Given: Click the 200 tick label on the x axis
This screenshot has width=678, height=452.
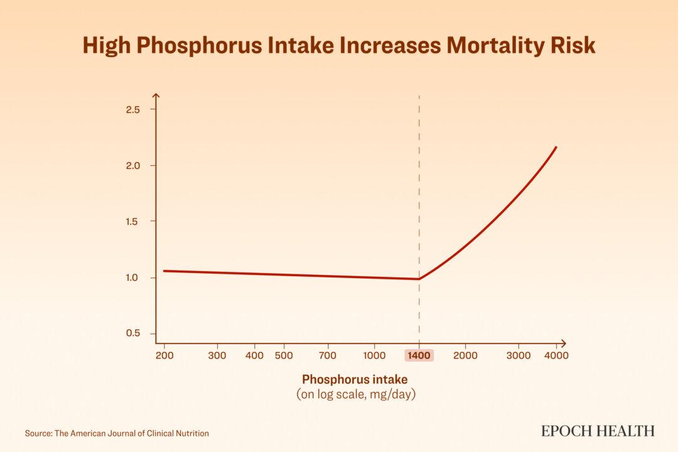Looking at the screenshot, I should pos(164,356).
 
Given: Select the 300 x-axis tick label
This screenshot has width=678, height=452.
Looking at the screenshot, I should pos(217,356).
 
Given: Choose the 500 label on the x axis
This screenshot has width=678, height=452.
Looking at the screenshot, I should pos(284,356).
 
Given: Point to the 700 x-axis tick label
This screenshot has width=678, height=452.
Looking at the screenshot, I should pos(327,356).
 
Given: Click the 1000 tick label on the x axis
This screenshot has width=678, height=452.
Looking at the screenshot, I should pos(375,356).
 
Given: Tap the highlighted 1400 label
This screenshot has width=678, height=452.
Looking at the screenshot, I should pos(419,356).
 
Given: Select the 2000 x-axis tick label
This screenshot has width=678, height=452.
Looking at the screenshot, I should pos(465,356).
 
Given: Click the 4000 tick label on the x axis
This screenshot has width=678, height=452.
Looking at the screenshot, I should pos(556,356).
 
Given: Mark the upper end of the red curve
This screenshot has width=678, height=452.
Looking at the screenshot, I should pos(556,147).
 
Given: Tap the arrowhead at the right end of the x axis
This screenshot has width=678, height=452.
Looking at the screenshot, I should pos(563,343).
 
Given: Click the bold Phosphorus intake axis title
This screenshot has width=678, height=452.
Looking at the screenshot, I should pos(355,380).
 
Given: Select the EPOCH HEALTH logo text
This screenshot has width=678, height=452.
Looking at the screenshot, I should pos(598,431).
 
